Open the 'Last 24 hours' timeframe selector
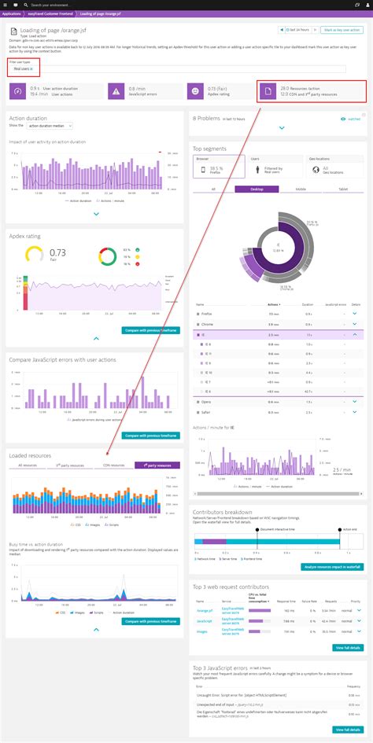click(x=297, y=30)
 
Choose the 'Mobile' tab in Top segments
click(x=301, y=189)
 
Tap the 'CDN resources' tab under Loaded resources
click(x=114, y=465)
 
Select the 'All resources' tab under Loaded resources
click(x=30, y=465)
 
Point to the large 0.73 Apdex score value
click(x=58, y=253)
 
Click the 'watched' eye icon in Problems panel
click(x=344, y=119)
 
